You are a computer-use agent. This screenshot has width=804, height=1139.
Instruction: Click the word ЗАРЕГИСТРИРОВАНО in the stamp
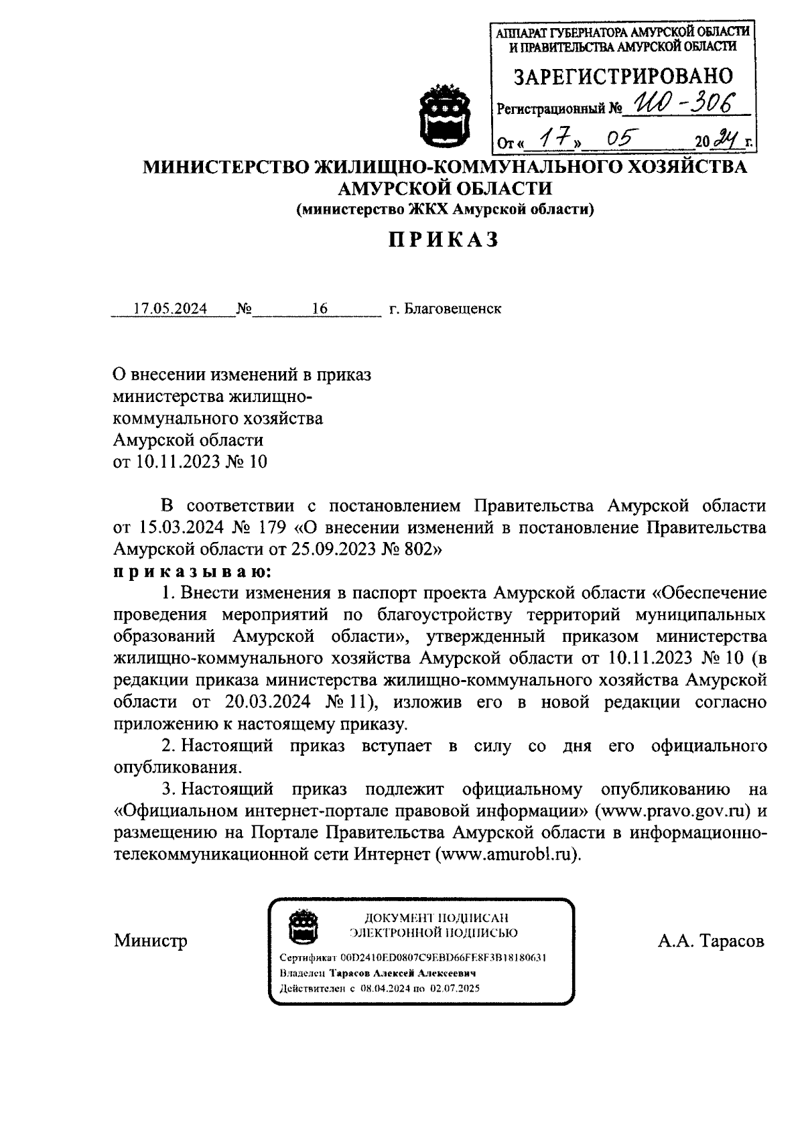(x=623, y=76)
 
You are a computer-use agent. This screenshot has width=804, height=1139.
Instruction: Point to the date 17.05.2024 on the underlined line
(x=170, y=309)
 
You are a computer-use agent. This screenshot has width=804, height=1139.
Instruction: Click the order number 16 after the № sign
(x=320, y=309)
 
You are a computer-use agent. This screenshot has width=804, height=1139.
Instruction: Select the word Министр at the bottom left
(x=151, y=941)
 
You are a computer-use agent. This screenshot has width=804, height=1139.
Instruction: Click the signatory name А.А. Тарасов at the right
(x=710, y=941)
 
